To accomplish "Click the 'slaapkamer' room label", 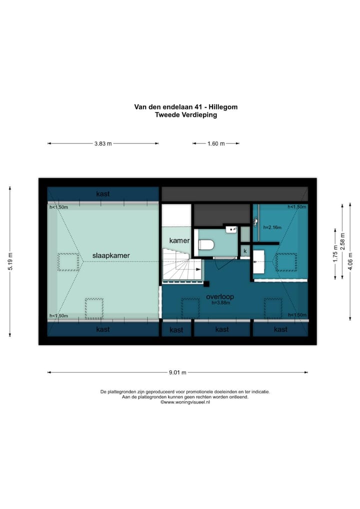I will point(111,255).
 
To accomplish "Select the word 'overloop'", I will point(220,297).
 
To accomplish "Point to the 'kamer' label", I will point(179,240).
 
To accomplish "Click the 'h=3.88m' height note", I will point(220,303).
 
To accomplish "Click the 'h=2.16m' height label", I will point(272,227).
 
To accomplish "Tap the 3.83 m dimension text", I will point(103,143).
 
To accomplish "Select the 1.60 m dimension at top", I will point(216,143).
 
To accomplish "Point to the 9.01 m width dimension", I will point(177,372).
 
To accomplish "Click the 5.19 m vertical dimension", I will point(9,261).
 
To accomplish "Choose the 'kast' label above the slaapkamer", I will point(103,194).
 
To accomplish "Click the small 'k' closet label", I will point(245,250).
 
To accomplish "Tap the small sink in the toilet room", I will point(230,230).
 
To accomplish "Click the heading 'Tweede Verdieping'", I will point(185,114).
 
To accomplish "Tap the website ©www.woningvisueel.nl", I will point(185,402).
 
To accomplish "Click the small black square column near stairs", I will point(206,284).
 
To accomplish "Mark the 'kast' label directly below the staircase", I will point(176,330).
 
